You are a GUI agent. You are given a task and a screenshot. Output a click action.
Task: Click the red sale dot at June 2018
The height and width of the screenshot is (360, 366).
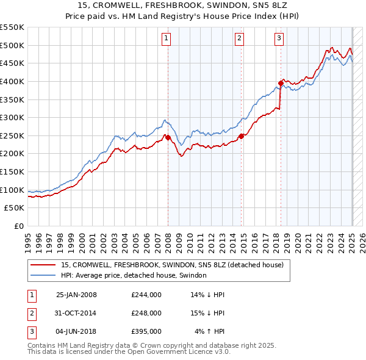[281, 83]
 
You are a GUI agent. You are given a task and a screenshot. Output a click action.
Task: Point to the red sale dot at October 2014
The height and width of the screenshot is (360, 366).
[242, 136]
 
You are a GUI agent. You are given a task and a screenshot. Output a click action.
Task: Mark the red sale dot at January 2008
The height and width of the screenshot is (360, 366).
[168, 138]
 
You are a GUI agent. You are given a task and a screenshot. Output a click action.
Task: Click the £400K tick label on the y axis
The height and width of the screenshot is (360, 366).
[12, 81]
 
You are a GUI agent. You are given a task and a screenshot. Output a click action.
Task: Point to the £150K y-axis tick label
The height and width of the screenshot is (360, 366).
[12, 171]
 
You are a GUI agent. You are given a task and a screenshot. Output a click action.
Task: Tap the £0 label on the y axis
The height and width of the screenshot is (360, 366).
[19, 226]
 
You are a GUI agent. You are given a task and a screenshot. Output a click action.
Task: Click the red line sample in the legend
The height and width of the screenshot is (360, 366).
[43, 265]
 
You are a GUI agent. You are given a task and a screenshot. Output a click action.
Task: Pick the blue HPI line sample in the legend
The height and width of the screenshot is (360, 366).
[43, 275]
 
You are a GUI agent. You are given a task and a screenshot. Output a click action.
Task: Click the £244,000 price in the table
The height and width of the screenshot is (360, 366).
[146, 295]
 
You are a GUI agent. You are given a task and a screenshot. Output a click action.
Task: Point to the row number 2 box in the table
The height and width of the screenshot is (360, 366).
[30, 313]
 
